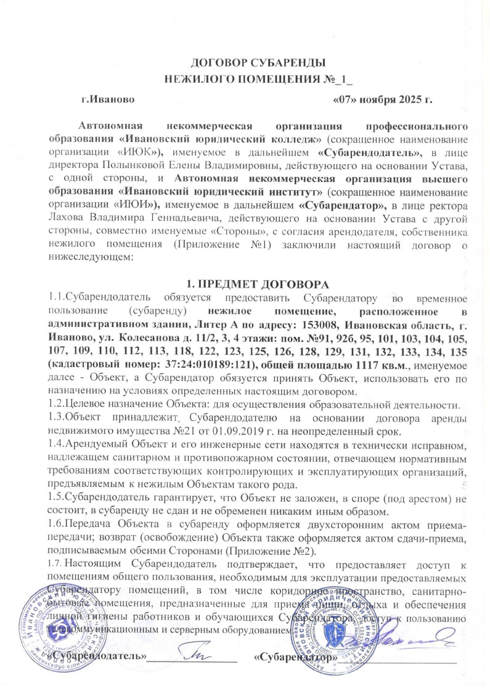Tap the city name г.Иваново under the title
(x=106, y=98)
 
